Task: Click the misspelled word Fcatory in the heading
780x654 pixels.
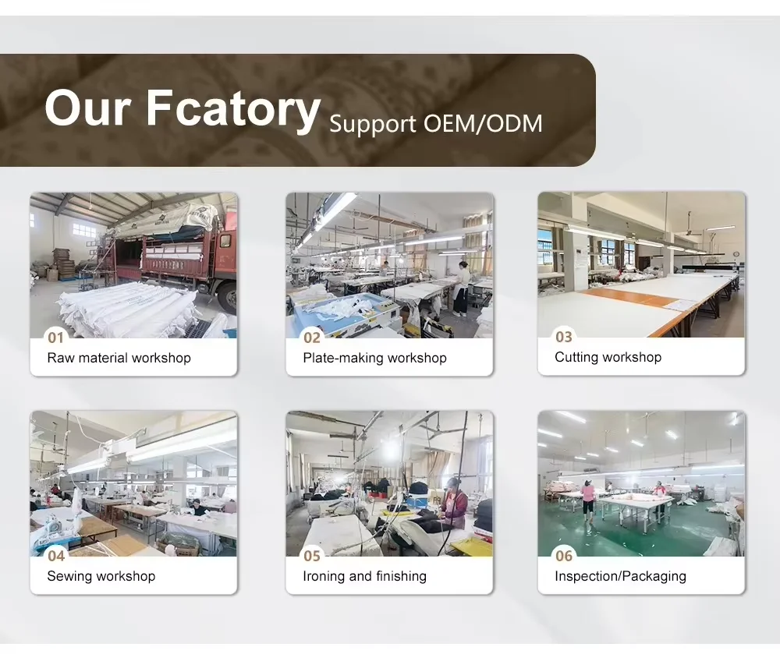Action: [233, 110]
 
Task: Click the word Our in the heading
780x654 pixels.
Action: [88, 108]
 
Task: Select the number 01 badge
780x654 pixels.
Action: [55, 338]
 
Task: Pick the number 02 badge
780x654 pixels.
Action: [312, 338]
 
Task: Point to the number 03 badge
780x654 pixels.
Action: [564, 337]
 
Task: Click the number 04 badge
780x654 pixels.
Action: [56, 556]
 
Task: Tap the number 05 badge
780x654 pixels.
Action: [312, 556]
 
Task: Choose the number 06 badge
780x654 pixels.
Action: [564, 556]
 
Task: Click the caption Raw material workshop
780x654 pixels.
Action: [119, 358]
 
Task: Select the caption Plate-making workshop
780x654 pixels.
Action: [374, 358]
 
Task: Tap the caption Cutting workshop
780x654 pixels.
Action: [608, 357]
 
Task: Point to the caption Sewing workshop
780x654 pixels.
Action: [101, 576]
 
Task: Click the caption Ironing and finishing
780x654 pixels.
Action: [364, 576]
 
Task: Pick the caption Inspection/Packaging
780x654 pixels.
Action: [620, 576]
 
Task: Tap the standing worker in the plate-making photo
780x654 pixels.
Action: [461, 288]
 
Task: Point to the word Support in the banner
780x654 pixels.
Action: [373, 124]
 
